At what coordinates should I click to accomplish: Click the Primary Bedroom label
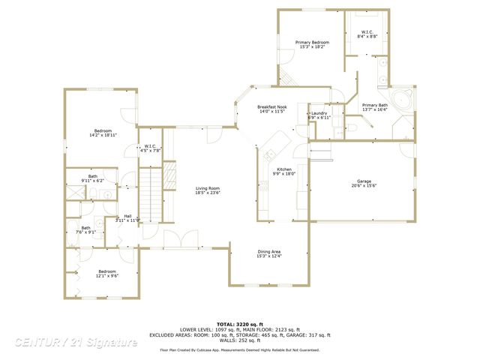[x=312, y=43]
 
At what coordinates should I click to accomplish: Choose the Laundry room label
[x=319, y=113]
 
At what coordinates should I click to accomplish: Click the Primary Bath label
[x=374, y=105]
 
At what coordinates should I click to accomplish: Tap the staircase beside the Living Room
[x=152, y=194]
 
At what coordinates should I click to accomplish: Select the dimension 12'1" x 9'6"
[x=107, y=276]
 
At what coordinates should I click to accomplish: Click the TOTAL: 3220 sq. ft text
[x=239, y=322]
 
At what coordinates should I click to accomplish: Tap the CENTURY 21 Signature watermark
[x=75, y=342]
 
